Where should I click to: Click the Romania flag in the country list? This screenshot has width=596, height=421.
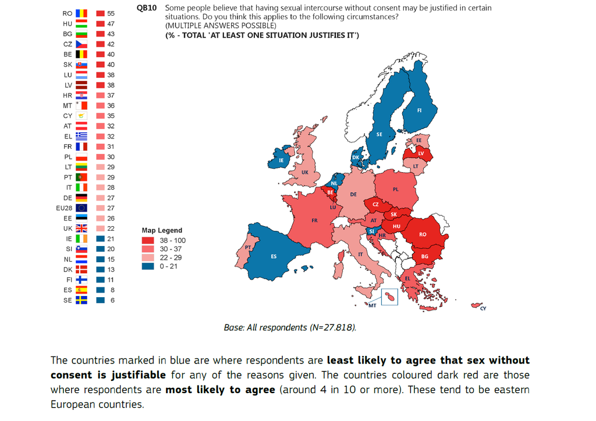[81, 13]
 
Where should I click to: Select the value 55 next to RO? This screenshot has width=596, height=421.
[111, 13]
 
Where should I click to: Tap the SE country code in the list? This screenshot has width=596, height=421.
[68, 301]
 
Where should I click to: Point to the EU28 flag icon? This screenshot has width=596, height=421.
[81, 208]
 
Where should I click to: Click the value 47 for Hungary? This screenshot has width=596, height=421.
[111, 24]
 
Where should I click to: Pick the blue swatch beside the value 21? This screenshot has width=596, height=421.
[100, 239]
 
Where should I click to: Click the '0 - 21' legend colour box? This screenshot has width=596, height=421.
[148, 266]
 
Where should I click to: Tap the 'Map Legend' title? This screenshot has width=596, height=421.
[162, 230]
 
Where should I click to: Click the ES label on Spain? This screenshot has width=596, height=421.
[274, 256]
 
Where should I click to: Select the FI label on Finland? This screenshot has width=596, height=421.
[420, 110]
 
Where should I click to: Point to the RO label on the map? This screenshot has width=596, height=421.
[423, 234]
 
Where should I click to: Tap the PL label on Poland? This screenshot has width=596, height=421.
[396, 190]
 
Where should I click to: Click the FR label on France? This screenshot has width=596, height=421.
[314, 221]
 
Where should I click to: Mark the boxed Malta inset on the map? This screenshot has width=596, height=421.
[389, 298]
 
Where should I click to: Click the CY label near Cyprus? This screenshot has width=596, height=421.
[483, 309]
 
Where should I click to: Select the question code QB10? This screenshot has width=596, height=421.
[146, 8]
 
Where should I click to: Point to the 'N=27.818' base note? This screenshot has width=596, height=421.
[331, 327]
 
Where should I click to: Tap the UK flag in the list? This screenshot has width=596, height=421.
[81, 229]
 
